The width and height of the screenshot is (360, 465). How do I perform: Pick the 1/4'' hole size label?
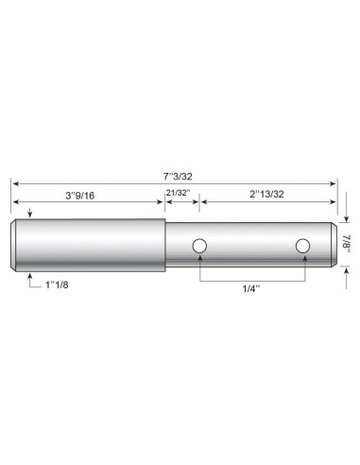[x=251, y=293]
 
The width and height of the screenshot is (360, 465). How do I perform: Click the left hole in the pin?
[x=198, y=247]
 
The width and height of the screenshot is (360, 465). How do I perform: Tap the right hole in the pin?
[x=302, y=247]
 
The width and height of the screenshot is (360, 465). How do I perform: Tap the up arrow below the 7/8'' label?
[x=346, y=272]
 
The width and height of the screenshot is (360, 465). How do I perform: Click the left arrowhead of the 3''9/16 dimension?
[x=15, y=203]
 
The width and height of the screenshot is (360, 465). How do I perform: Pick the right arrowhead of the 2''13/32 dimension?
[x=334, y=203]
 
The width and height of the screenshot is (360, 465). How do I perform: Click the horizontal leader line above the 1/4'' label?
[x=251, y=282]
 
